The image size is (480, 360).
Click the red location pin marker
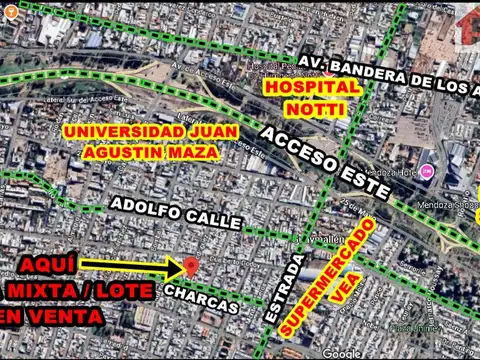tap(191, 265)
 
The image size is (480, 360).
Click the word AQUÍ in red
tap(39, 264)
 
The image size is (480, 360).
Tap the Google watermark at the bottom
tap(342, 353)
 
